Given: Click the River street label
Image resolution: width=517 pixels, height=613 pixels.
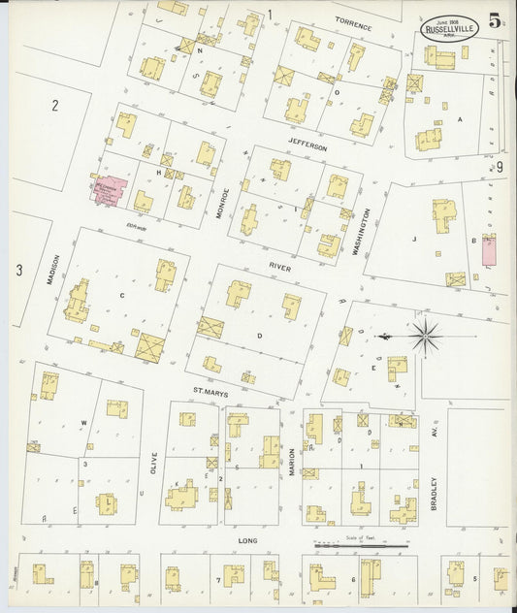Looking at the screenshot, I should click(x=281, y=263).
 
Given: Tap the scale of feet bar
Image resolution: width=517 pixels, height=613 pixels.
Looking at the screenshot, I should click(x=361, y=546).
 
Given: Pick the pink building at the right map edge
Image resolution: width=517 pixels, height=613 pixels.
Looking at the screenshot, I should click(x=489, y=250).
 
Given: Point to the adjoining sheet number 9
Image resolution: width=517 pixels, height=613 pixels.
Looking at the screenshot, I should click(x=500, y=168).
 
